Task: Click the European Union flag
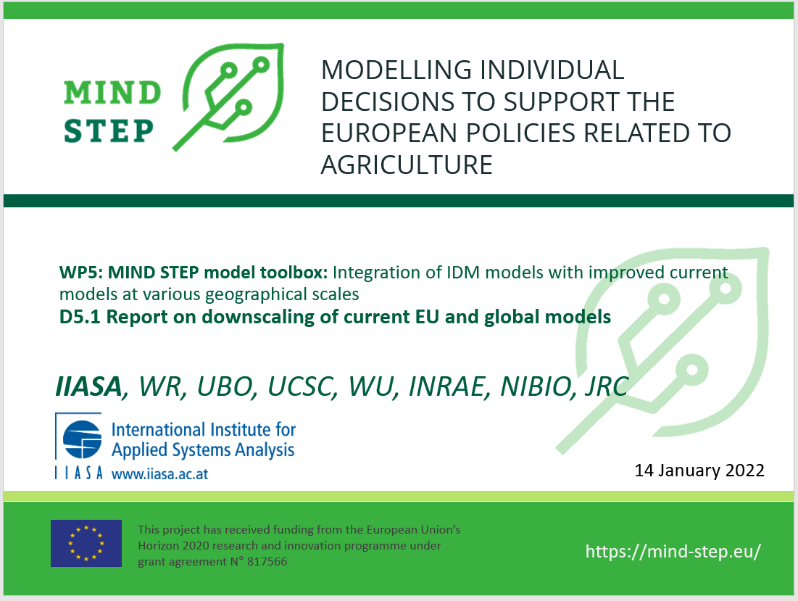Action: tap(86, 543)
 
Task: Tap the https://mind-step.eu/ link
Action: tap(673, 551)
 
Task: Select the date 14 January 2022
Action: tap(699, 470)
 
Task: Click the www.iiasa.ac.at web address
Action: tap(159, 474)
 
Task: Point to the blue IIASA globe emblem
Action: tap(82, 439)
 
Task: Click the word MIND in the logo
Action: tap(112, 93)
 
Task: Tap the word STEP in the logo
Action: tap(109, 130)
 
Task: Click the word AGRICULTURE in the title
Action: tap(407, 165)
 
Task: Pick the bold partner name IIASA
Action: tap(88, 386)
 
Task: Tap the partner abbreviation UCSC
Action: tap(300, 386)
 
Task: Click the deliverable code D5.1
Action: tap(80, 317)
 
